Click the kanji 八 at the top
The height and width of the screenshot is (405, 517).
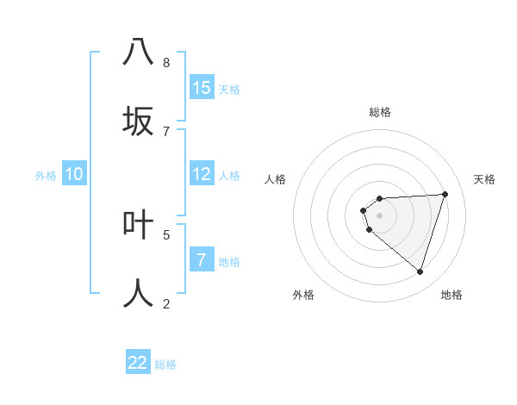[x=138, y=52]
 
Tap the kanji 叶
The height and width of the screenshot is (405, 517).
[x=138, y=224]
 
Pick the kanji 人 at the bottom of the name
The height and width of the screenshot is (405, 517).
[x=138, y=293]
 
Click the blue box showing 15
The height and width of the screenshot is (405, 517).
[x=202, y=88]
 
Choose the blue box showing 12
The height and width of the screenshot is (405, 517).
[x=202, y=174]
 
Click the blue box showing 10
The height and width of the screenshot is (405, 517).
[x=74, y=174]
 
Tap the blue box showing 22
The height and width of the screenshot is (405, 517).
[x=138, y=363]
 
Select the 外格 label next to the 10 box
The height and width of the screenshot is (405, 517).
[x=46, y=176]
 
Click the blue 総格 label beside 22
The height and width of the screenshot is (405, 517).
[x=165, y=364]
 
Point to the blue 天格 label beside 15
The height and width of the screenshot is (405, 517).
[x=229, y=90]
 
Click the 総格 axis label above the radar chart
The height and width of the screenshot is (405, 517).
[x=380, y=112]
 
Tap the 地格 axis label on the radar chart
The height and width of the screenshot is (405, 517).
[x=452, y=295]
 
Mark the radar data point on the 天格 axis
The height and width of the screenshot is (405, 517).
[x=445, y=194]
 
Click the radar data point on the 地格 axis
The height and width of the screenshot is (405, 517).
[x=420, y=271]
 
